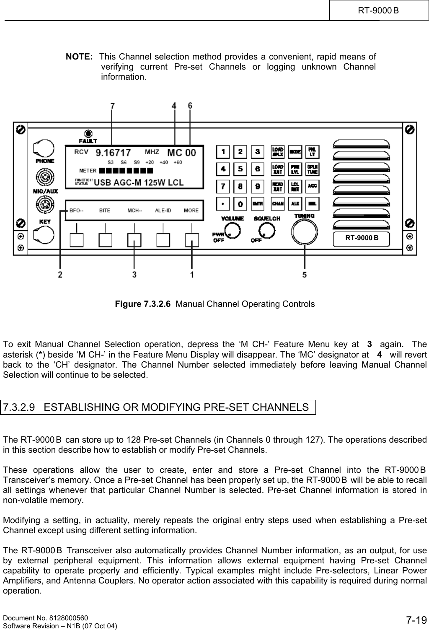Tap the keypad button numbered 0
click(x=240, y=204)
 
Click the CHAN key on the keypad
click(x=278, y=204)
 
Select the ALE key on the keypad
click(x=295, y=204)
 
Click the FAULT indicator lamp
click(x=88, y=133)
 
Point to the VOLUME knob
click(x=233, y=230)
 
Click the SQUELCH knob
click(x=266, y=230)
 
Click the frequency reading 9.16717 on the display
click(x=114, y=153)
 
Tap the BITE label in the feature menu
click(x=105, y=210)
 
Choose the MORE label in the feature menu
click(x=191, y=210)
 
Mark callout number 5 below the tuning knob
click(x=304, y=275)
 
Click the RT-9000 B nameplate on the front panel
click(x=361, y=238)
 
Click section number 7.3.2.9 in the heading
click(x=18, y=407)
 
